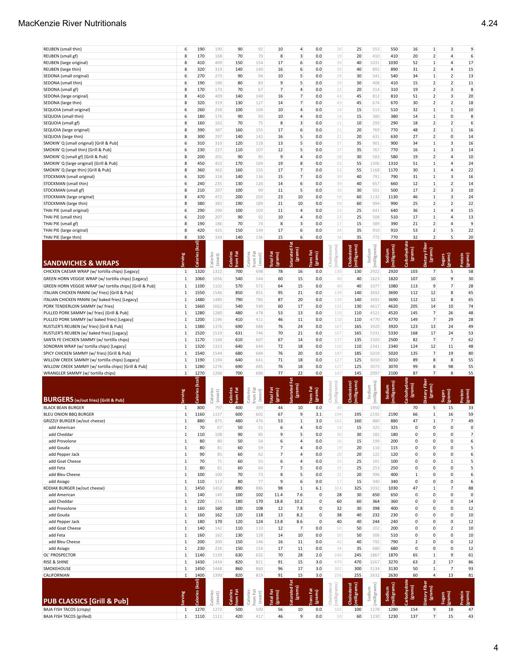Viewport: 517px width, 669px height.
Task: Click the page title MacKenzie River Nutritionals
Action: [72, 23]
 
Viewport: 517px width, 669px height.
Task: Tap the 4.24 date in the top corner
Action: [489, 23]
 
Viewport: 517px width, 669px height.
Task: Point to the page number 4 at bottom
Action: [495, 648]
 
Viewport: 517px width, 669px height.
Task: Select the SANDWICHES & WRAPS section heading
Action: [81, 263]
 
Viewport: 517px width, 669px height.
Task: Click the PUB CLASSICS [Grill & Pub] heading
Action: [86, 601]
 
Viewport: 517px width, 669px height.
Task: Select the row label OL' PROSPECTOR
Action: [60, 555]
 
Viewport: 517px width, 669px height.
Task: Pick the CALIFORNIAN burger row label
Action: [56, 575]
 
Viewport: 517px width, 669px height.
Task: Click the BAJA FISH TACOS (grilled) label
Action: [67, 616]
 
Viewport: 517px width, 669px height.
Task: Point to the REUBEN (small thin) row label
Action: [62, 49]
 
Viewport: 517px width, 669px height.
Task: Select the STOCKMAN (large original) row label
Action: [69, 197]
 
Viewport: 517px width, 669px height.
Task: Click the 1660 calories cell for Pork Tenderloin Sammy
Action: [199, 306]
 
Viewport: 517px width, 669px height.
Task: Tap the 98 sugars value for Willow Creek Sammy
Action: [450, 367]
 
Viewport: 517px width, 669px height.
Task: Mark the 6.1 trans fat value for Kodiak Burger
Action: [318, 488]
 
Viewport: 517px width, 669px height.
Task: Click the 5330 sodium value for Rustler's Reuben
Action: [393, 333]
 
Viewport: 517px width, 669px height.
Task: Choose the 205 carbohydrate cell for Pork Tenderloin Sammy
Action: [413, 306]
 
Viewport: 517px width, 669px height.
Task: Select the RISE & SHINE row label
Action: [56, 562]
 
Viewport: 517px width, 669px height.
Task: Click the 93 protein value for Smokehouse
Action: [470, 569]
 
